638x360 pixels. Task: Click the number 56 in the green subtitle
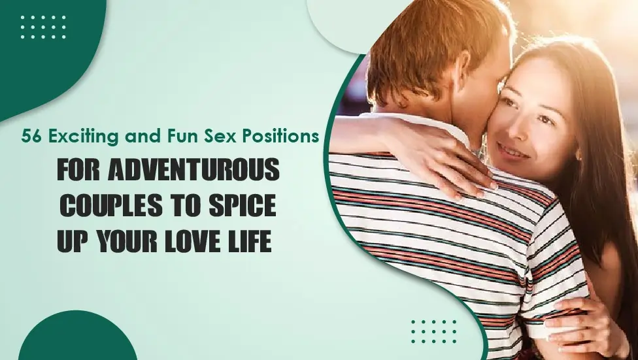click(31, 137)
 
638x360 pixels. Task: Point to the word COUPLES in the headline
click(110, 205)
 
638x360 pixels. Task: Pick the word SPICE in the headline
click(243, 205)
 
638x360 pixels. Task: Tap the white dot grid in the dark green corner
click(43, 27)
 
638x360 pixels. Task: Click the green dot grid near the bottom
click(434, 331)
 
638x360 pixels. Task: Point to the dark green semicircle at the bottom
click(77, 337)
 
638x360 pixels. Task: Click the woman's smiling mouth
click(514, 152)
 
